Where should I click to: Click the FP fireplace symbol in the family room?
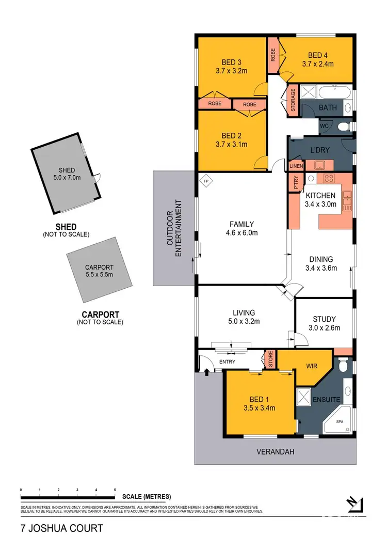tap(206, 181)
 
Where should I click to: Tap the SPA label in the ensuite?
tap(340, 422)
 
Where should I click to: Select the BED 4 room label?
tap(318, 55)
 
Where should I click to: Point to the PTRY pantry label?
tap(296, 185)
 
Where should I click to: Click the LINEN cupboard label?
tap(296, 166)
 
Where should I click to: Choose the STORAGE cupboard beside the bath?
tap(293, 100)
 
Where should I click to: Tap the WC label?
tap(325, 126)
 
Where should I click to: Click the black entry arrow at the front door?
tap(207, 370)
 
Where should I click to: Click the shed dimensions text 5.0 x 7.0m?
tap(67, 179)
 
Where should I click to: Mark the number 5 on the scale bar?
tap(115, 489)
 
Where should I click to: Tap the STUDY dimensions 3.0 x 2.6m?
tap(325, 327)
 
